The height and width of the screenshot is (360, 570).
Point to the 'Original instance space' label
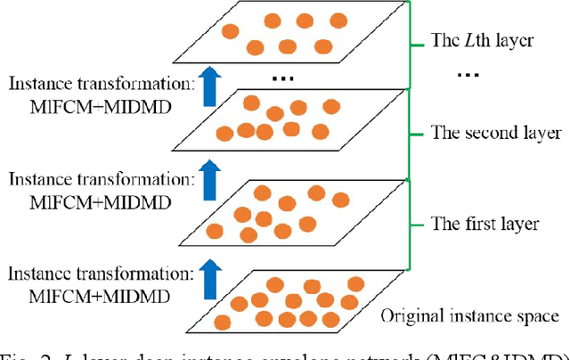point(469,315)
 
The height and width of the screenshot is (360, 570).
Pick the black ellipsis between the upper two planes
point(282,78)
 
